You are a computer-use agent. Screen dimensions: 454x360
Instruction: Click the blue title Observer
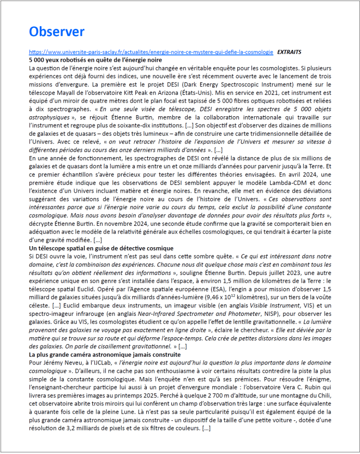[x=56, y=31]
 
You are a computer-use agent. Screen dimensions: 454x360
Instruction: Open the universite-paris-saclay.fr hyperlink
[x=151, y=52]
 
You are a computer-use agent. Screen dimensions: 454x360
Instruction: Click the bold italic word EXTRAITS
[x=289, y=52]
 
